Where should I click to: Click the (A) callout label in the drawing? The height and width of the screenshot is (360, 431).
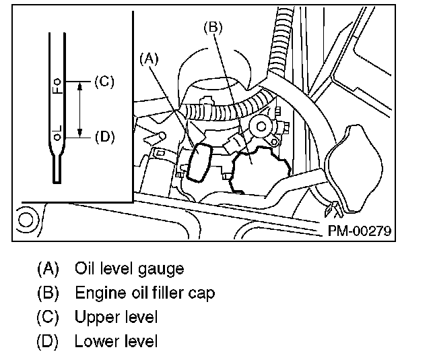[149, 59]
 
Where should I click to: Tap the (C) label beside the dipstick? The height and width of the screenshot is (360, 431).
[104, 82]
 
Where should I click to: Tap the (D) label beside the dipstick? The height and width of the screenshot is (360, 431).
[104, 136]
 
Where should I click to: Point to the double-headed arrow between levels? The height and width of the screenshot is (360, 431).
[80, 109]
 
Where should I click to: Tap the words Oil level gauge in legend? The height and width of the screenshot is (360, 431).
[129, 269]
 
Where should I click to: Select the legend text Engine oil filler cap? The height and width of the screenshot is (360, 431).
[145, 293]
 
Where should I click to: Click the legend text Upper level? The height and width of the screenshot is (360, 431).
[117, 317]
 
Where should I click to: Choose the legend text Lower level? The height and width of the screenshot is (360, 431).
[117, 341]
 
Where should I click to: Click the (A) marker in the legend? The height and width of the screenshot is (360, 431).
[47, 269]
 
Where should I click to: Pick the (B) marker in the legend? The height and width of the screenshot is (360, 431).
[47, 293]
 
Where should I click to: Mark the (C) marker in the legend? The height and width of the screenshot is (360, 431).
[47, 317]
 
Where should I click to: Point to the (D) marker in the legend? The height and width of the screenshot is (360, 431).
[47, 341]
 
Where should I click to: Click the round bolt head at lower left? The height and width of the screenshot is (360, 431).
[28, 220]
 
